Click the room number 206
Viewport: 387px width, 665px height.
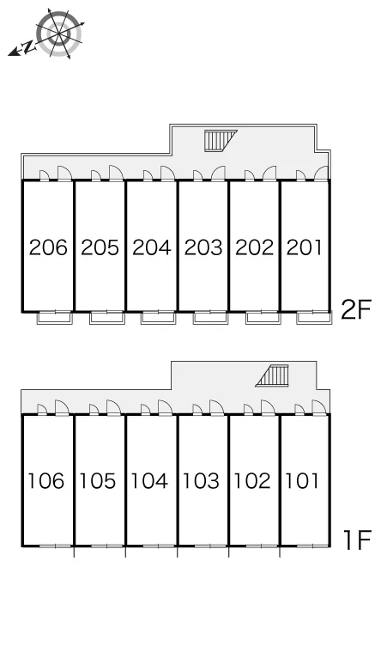click(x=48, y=247)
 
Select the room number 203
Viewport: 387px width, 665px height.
click(x=203, y=247)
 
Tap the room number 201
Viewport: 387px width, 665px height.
click(x=305, y=247)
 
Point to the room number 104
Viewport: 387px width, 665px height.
click(x=149, y=481)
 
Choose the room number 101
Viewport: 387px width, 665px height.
click(x=302, y=481)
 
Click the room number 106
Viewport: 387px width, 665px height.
click(x=45, y=481)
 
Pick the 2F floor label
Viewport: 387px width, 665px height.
click(x=355, y=309)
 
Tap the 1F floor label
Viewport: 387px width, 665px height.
click(x=357, y=540)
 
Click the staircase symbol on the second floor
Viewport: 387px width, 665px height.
click(x=221, y=140)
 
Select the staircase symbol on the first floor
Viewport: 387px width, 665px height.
click(x=272, y=375)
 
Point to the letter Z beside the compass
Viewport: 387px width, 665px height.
click(x=28, y=46)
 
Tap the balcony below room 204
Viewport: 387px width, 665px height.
click(x=159, y=318)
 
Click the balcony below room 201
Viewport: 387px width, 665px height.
click(x=314, y=318)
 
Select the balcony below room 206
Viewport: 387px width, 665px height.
click(x=55, y=318)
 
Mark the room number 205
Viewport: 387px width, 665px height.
click(x=100, y=247)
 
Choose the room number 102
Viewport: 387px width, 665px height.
click(x=252, y=481)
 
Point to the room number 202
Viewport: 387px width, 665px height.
click(x=255, y=247)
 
